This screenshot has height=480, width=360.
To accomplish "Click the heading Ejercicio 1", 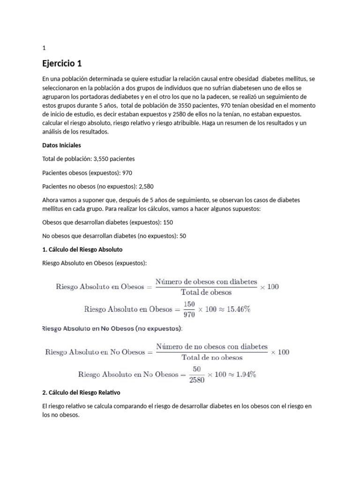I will pyautogui.click(x=65, y=63).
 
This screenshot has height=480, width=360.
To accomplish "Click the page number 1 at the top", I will pyautogui.click(x=44, y=48).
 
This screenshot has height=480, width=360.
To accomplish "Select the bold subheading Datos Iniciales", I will pyautogui.click(x=61, y=145).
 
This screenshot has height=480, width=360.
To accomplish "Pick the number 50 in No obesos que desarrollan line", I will pyautogui.click(x=183, y=236).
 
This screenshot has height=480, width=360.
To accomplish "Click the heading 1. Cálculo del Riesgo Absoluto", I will pyautogui.click(x=82, y=249).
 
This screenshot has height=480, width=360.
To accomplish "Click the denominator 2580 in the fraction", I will pyautogui.click(x=196, y=380).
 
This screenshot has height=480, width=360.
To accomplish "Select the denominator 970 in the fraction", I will pyautogui.click(x=189, y=315).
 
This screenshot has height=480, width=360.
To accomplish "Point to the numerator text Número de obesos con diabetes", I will pyautogui.click(x=206, y=282).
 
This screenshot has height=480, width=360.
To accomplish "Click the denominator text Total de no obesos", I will pyautogui.click(x=211, y=357).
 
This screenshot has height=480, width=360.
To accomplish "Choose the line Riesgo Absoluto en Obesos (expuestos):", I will pyautogui.click(x=94, y=263).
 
